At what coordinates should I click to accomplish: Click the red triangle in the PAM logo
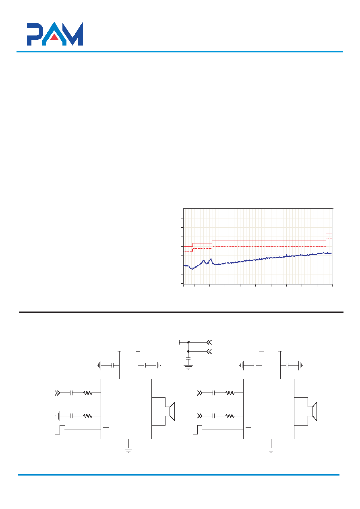coord(54,37)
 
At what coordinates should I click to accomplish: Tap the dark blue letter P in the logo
coord(35,34)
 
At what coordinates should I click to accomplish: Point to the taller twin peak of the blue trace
coord(211,259)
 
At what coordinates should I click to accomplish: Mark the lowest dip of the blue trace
coord(192,269)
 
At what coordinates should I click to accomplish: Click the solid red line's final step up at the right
coord(326,237)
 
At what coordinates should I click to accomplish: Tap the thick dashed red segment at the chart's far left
coord(188,252)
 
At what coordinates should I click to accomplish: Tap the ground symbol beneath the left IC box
coord(129,450)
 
